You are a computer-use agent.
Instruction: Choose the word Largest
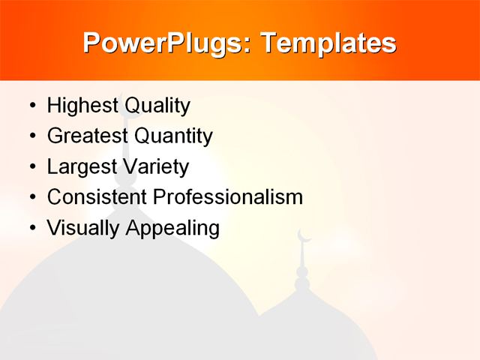tap(81, 166)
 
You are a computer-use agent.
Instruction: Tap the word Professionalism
tap(228, 196)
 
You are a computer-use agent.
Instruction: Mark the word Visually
tap(83, 227)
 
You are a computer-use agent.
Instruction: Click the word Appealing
tap(172, 227)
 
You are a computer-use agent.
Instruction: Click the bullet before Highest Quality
tap(31, 106)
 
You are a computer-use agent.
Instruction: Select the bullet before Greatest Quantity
tap(31, 136)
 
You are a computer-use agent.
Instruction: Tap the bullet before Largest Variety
tap(31, 167)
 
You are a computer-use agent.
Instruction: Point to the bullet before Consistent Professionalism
tap(31, 197)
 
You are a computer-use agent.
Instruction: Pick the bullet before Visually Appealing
tap(31, 228)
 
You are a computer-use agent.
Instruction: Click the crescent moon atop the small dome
tap(304, 236)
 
